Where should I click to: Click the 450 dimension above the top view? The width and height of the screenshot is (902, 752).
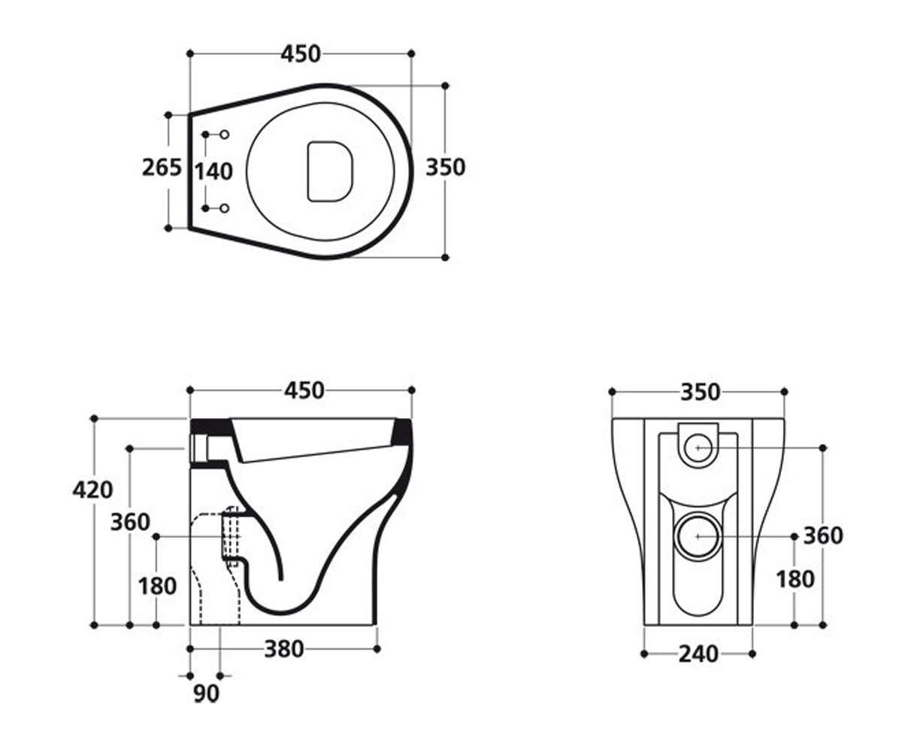[301, 54]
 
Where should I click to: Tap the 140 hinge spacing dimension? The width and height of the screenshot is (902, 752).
[213, 171]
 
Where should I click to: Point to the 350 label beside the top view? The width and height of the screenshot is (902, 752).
[446, 167]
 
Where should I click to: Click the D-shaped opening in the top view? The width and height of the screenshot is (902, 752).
[330, 171]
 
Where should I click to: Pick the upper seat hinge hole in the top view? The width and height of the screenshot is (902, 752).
[224, 135]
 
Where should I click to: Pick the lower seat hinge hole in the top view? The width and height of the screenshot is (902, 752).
[224, 208]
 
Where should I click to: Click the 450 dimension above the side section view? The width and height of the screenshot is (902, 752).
[304, 390]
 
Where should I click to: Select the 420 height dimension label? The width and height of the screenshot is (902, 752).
[92, 490]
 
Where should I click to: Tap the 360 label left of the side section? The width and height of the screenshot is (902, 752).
[130, 522]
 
